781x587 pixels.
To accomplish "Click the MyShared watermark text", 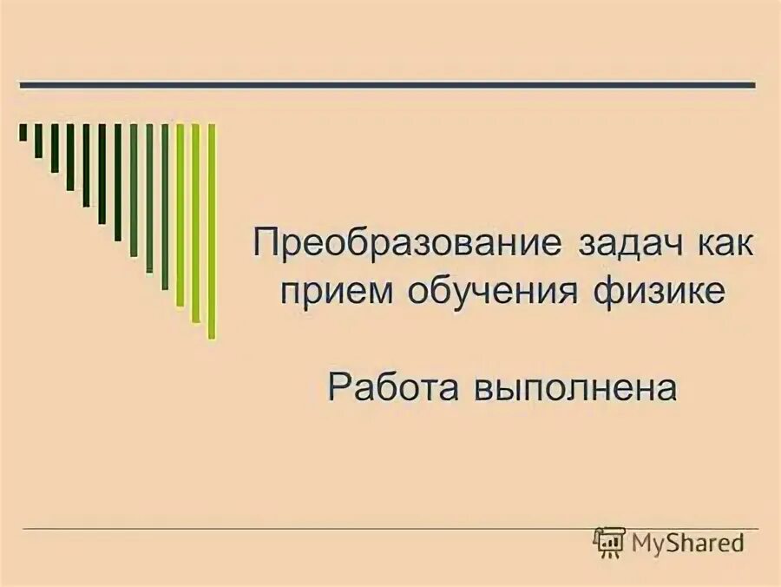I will [688, 544].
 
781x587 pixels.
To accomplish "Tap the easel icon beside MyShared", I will [610, 543].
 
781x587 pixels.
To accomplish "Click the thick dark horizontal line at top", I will [388, 85].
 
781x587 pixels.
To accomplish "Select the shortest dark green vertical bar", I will [23, 132].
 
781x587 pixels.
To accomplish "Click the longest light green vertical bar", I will [212, 231].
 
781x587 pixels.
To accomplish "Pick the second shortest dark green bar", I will [39, 141].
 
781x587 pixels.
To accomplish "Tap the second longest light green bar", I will [196, 223].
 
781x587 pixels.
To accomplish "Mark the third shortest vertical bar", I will [55, 148].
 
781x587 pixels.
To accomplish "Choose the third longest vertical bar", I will [180, 215].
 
